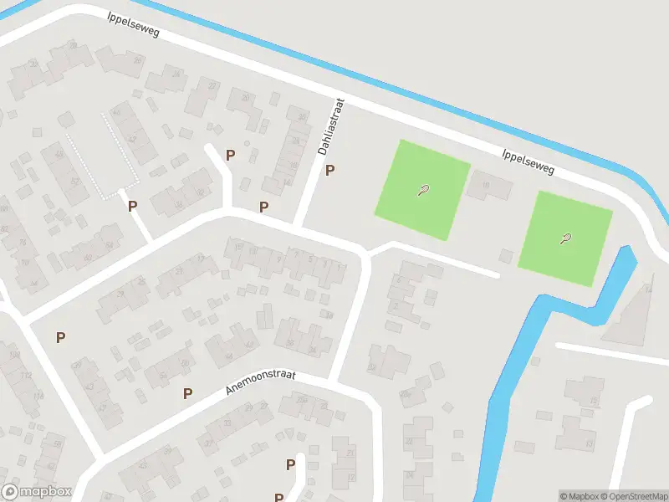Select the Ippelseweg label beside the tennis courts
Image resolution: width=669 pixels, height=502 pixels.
(529, 161)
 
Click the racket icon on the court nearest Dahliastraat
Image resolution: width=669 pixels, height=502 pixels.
(423, 190)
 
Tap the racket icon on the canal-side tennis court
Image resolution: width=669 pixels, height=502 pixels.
(566, 239)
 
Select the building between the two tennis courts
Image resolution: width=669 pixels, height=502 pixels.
(489, 185)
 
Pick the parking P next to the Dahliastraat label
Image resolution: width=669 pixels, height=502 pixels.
(330, 171)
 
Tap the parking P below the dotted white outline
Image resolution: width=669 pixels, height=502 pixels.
(132, 206)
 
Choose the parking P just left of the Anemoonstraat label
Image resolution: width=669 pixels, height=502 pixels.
(188, 393)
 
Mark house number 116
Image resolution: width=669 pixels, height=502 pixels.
(38, 396)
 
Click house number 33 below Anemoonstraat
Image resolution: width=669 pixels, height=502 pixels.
(227, 423)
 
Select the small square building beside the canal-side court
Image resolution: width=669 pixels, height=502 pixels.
(505, 255)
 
